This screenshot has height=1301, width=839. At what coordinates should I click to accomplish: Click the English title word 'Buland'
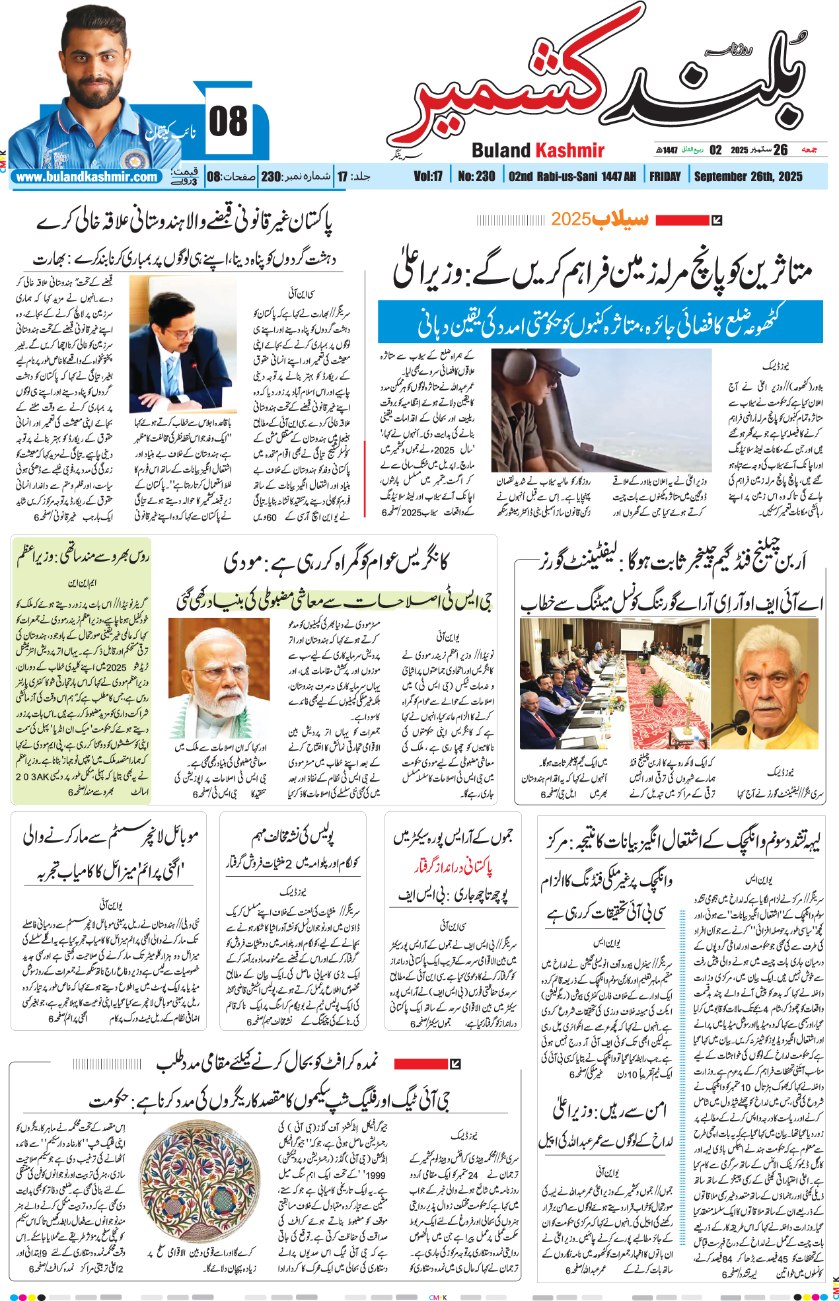(501, 151)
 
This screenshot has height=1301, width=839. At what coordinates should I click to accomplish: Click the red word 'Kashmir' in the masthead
(569, 151)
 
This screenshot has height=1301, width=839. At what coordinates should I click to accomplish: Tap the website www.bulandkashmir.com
(87, 177)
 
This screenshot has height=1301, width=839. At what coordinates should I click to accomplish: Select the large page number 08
(228, 122)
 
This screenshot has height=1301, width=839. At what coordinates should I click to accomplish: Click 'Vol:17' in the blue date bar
(428, 176)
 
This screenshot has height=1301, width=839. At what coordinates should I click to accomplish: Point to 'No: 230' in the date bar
(476, 176)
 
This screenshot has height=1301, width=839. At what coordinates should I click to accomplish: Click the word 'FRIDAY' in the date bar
(665, 176)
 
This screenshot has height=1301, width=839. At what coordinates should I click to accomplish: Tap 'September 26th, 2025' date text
(748, 176)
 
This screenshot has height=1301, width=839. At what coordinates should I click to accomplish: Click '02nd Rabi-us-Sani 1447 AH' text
(572, 176)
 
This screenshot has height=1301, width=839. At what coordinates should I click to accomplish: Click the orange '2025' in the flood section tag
(571, 219)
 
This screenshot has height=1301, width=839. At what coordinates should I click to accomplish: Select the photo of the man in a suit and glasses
(183, 344)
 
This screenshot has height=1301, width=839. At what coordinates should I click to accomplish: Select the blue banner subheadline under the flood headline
(600, 322)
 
